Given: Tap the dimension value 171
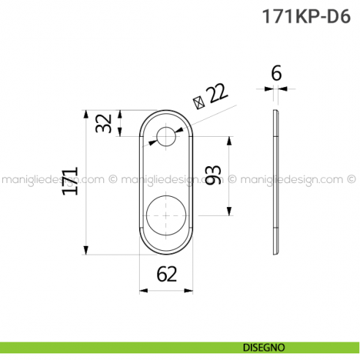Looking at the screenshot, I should (x=70, y=181).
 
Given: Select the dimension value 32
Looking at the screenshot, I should (x=106, y=123).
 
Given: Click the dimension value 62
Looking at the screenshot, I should (x=167, y=274).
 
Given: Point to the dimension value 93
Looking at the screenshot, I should (x=213, y=176).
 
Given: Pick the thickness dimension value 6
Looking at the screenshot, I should (x=276, y=72).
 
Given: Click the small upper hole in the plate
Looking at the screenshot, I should (x=166, y=136).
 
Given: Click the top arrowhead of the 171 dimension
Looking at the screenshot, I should (x=86, y=114).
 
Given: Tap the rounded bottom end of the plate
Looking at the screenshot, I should (x=166, y=249).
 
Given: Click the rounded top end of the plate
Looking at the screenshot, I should (x=166, y=113).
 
